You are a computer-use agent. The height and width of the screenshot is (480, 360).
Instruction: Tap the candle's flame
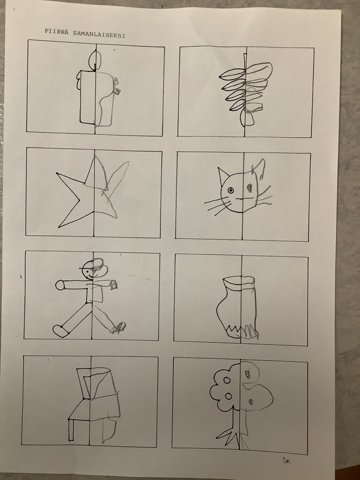95,59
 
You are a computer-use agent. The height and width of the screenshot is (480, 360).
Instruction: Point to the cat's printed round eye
230,191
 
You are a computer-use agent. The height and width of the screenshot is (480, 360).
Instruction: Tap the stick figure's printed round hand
59,285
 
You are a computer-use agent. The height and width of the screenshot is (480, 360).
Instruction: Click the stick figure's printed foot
61,331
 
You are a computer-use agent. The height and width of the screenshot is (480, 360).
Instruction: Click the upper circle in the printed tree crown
227,380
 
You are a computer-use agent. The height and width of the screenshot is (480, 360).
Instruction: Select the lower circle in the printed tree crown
229,397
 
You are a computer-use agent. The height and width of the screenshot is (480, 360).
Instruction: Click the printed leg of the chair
71,430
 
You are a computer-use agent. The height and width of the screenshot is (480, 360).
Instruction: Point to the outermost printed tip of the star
56,173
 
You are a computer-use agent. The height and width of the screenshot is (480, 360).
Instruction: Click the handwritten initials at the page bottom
286,461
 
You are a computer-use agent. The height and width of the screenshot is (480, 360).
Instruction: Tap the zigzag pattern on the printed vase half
233,331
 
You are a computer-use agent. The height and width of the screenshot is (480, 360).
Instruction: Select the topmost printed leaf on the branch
233,74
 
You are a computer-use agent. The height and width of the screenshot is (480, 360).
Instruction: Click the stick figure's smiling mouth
89,277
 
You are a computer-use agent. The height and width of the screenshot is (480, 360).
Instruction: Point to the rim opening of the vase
239,280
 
